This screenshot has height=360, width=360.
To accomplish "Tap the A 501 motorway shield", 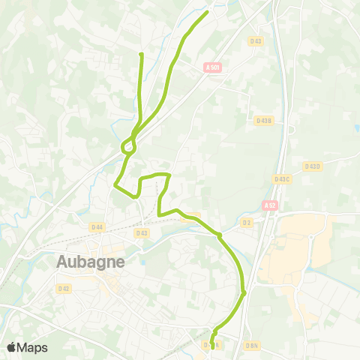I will tap(213, 67).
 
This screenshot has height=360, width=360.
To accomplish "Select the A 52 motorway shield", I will tap(270, 205).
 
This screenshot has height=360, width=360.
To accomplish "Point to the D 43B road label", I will tap(263, 120).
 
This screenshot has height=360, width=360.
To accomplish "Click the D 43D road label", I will tap(312, 166).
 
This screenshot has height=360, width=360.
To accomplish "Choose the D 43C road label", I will tap(282, 178).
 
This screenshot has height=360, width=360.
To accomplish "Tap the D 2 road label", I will tap(246, 222).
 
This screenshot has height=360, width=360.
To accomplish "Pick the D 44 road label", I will tap(97, 226).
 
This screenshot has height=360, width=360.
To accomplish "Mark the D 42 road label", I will tap(64, 288).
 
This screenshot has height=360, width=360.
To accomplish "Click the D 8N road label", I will tap(252, 346).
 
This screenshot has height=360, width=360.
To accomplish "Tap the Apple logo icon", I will tap(12, 347).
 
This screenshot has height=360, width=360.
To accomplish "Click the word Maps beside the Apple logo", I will tap(33, 347).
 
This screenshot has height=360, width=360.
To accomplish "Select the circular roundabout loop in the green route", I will tap(128, 147).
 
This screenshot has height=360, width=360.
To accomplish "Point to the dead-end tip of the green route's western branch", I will tap(141, 54).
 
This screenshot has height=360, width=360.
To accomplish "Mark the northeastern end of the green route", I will tap(207, 11).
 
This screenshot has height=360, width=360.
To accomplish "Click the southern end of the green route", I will tap(213, 346).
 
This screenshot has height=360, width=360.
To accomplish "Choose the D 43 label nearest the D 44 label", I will tap(142, 232).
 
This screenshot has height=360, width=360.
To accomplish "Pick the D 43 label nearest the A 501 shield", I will tap(256, 41).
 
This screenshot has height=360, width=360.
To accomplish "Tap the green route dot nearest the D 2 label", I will tap(219, 235).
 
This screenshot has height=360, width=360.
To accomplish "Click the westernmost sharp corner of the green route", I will tap(114, 184).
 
